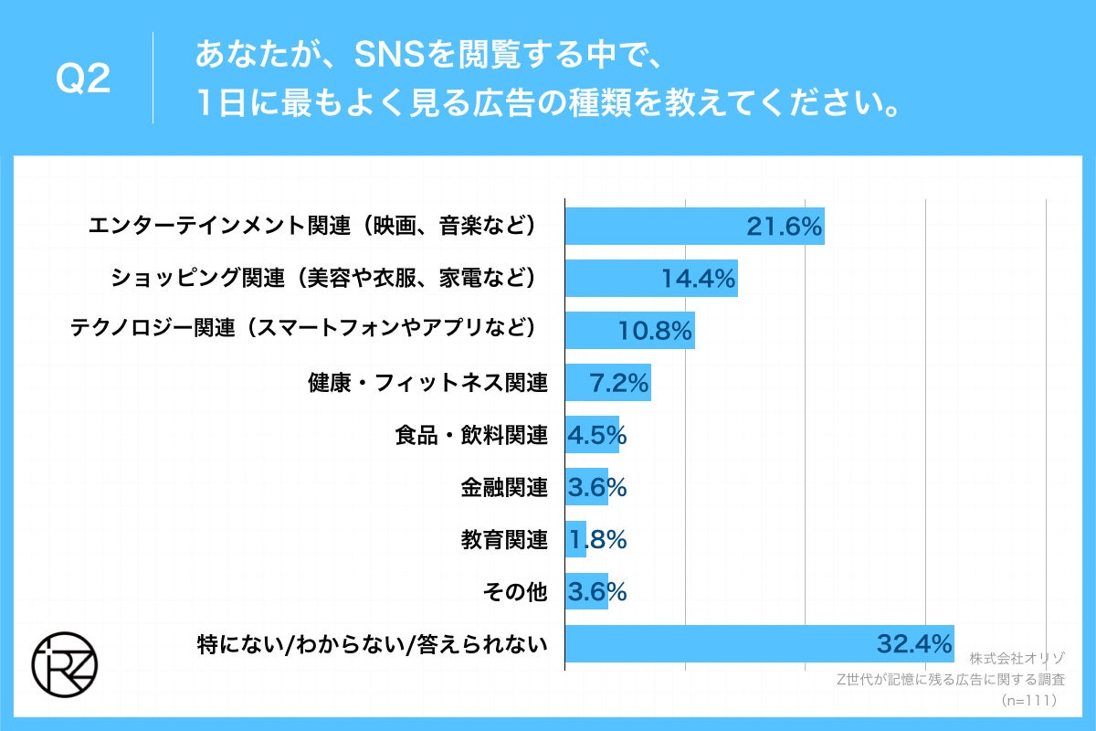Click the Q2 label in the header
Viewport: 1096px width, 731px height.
click(x=83, y=80)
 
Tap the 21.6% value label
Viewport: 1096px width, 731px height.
click(x=785, y=227)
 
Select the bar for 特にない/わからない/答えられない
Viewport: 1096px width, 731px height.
click(x=759, y=644)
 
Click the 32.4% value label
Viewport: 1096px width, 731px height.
click(x=914, y=644)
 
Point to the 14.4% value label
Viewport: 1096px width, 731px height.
click(x=699, y=279)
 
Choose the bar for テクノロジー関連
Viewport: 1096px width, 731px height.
click(x=630, y=331)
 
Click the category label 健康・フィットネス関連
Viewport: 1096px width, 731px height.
click(x=427, y=383)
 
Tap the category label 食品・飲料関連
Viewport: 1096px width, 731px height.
click(x=471, y=435)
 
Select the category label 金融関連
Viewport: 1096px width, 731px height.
click(x=504, y=488)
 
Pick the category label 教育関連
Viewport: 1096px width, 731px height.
click(x=504, y=540)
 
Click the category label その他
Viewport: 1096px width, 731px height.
click(x=514, y=592)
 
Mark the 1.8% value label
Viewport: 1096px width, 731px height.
click(x=597, y=540)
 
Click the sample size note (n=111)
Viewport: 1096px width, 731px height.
click(x=1028, y=701)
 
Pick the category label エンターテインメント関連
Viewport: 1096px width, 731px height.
click(x=311, y=227)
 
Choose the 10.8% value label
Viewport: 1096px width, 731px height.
click(x=655, y=331)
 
